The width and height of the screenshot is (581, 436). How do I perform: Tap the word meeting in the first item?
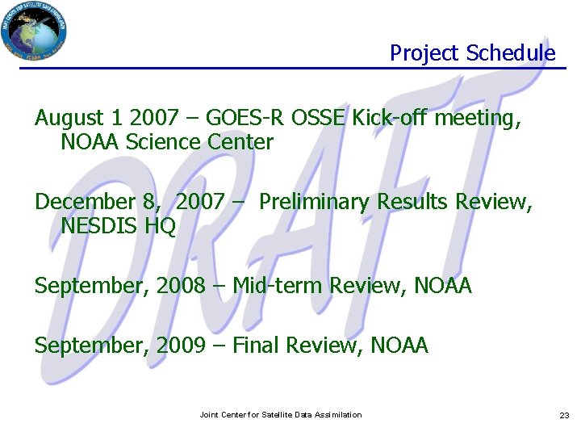[x=477, y=119]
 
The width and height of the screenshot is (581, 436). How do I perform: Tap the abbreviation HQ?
[x=160, y=226]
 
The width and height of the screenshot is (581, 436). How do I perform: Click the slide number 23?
[x=564, y=415]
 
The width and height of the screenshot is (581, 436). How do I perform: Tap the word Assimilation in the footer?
[x=335, y=415]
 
